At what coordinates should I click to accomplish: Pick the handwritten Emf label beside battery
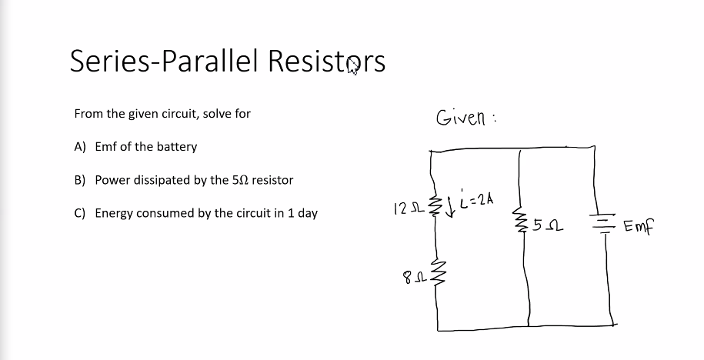[639, 227]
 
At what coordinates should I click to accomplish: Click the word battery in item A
[178, 147]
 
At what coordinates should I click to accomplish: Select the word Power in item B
[112, 180]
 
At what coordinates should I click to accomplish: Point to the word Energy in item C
[114, 213]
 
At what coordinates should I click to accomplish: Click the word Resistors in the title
[325, 61]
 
